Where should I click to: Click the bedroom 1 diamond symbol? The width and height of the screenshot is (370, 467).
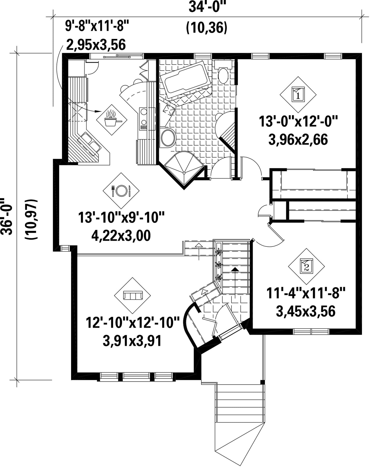298,94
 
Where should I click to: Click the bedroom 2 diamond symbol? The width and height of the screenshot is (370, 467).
306,266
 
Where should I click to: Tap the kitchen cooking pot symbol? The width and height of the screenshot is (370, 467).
112,120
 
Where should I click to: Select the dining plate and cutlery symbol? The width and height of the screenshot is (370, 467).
121,191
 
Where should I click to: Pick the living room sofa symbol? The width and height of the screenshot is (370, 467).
133,296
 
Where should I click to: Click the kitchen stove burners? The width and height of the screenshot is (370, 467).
143,118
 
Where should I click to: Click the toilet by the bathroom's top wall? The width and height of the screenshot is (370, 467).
223,72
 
